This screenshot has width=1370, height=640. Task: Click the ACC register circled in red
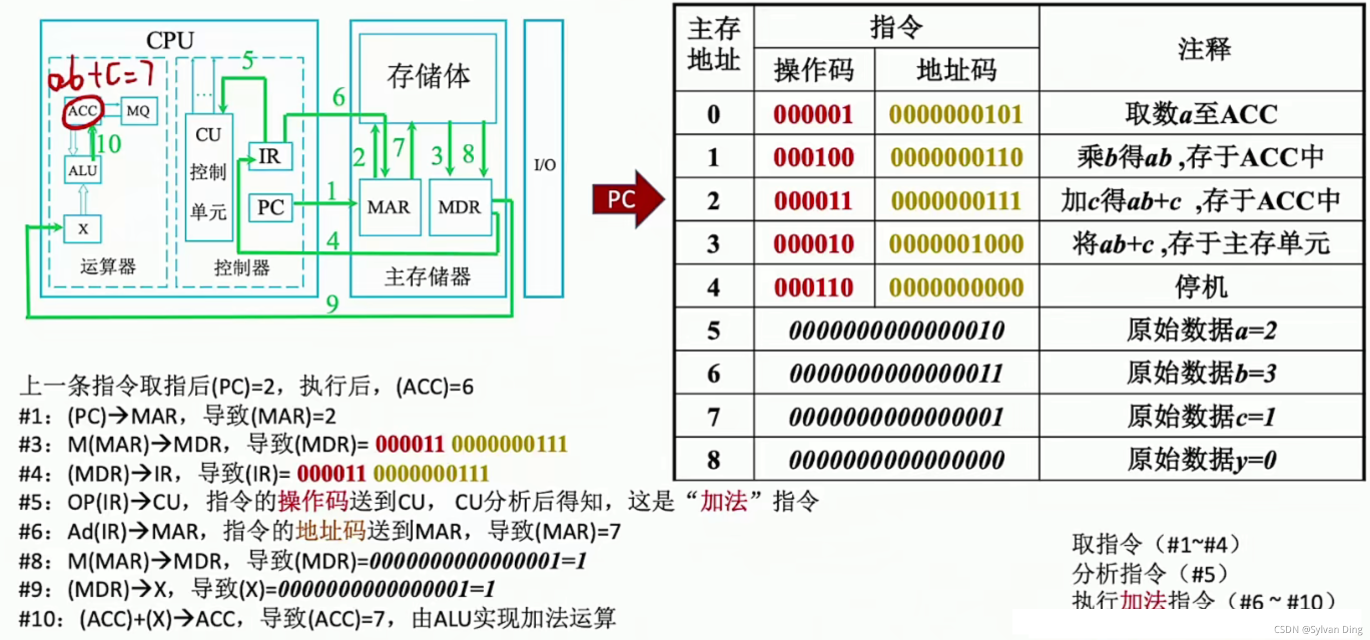83,111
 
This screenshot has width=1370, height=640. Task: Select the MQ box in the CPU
138,111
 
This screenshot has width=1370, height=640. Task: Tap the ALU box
83,170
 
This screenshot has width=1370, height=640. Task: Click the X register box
83,229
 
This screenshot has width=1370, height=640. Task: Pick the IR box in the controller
269,156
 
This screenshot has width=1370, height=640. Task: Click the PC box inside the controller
271,207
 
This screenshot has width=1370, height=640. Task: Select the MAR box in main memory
389,207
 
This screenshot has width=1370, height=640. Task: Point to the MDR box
460,207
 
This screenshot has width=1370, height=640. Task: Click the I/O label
544,165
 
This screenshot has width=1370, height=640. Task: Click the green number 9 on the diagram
332,304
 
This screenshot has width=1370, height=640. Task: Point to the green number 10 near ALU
109,144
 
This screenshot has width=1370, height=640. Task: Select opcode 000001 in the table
813,114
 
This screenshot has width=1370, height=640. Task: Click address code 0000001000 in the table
956,244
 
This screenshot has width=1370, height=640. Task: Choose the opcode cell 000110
813,287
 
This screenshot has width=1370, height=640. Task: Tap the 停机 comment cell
1201,287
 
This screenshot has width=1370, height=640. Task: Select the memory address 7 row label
713,417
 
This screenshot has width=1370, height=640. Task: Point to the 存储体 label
428,76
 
